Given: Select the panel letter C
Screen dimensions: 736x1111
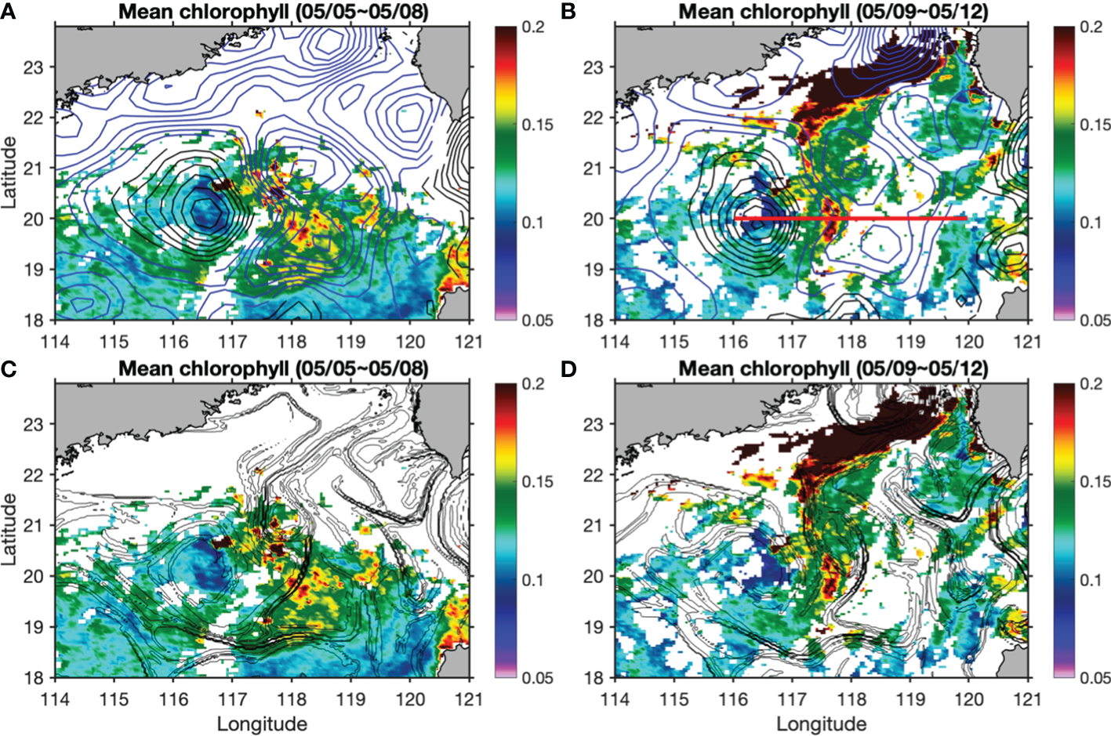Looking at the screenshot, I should [9, 368].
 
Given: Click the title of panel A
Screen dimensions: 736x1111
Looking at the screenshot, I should [273, 12].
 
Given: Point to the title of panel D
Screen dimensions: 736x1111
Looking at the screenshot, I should [833, 368].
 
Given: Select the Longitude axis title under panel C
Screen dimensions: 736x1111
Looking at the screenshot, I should [262, 723].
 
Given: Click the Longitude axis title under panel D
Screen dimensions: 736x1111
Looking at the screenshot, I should [822, 723].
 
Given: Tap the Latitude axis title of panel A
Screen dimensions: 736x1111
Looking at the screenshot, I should [9, 172].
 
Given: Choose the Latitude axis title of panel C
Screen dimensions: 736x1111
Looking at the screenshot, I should [9, 529].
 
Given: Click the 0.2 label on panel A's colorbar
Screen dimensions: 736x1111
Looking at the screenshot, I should [533, 27].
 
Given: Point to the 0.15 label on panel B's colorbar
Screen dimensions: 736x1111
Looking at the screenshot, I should [1095, 125].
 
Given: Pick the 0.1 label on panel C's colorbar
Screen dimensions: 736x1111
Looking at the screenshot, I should [533, 580].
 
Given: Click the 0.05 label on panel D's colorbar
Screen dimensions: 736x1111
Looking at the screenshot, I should [1095, 677].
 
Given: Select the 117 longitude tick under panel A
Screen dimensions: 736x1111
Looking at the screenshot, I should [233, 342].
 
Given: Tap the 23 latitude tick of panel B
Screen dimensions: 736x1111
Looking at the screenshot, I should [594, 67].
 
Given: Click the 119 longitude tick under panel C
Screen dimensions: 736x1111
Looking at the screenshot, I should [351, 698].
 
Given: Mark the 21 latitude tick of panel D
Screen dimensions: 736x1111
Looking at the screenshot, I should [594, 525].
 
